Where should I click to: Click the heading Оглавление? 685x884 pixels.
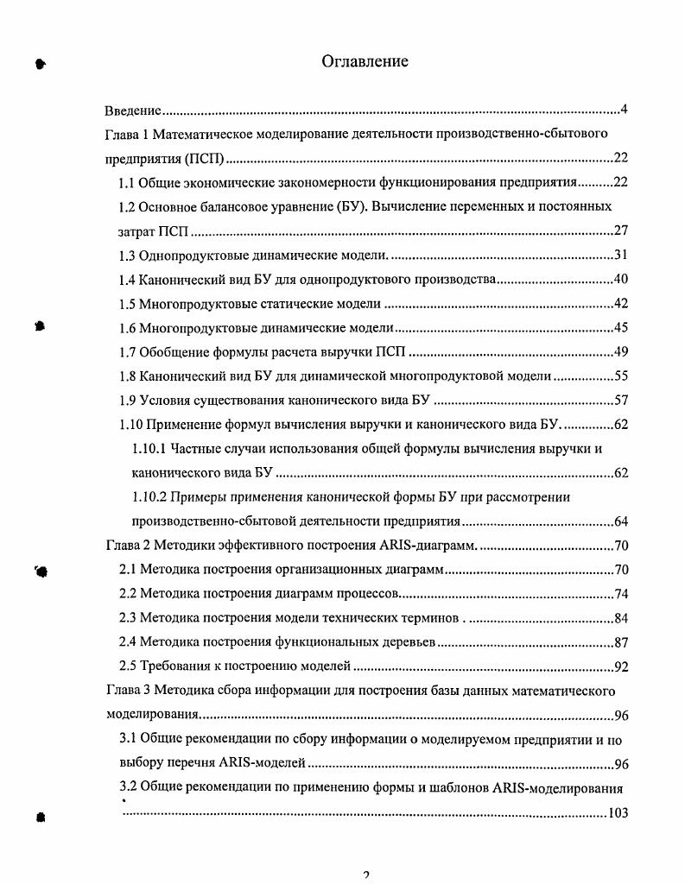[x=365, y=61]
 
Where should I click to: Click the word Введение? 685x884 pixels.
[x=133, y=110]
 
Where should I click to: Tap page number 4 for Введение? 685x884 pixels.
[x=623, y=110]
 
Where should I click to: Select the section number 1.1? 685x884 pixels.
[x=127, y=183]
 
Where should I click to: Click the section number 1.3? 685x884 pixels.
[x=127, y=255]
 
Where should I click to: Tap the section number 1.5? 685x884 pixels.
[x=127, y=303]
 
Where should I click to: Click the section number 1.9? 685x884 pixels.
[x=127, y=400]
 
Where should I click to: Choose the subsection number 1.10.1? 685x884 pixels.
[x=149, y=448]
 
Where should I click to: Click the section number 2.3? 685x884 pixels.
[x=127, y=617]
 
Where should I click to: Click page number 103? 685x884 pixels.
[x=617, y=813]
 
